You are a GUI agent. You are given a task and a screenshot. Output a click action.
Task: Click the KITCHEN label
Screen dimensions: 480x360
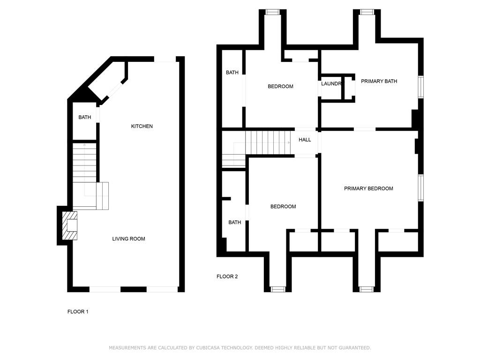pyautogui.click(x=142, y=126)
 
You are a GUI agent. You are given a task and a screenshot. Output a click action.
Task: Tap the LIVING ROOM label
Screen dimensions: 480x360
pyautogui.click(x=128, y=239)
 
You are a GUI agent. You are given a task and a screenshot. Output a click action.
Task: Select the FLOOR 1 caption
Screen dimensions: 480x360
pyautogui.click(x=78, y=312)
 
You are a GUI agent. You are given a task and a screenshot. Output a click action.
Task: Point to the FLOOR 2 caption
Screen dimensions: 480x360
pyautogui.click(x=227, y=277)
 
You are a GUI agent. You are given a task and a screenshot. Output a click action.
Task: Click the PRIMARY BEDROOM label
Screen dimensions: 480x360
pyautogui.click(x=368, y=188)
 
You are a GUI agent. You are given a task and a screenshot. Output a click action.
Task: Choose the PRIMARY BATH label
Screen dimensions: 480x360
pyautogui.click(x=379, y=81)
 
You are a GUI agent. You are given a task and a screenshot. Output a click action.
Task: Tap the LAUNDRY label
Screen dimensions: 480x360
pyautogui.click(x=331, y=83)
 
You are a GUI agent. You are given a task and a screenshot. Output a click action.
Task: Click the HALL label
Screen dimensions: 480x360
pyautogui.click(x=305, y=140)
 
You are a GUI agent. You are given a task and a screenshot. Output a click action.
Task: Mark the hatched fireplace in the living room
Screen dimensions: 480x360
pyautogui.click(x=70, y=225)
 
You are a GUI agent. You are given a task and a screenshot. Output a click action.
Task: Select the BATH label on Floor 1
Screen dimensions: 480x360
pyautogui.click(x=84, y=117)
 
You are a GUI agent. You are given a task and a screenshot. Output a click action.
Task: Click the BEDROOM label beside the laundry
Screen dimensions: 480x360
pyautogui.click(x=280, y=86)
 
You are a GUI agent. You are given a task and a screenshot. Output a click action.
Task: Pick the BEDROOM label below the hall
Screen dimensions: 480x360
pyautogui.click(x=283, y=207)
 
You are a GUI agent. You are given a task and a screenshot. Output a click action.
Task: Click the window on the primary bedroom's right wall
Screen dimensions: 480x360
pyautogui.click(x=421, y=187)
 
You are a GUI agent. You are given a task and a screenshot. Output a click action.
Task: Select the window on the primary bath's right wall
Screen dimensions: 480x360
pyautogui.click(x=421, y=87)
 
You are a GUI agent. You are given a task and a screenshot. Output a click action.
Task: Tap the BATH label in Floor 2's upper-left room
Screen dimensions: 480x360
pyautogui.click(x=232, y=73)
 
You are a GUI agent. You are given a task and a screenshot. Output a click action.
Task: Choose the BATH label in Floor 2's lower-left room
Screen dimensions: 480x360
pyautogui.click(x=235, y=223)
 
